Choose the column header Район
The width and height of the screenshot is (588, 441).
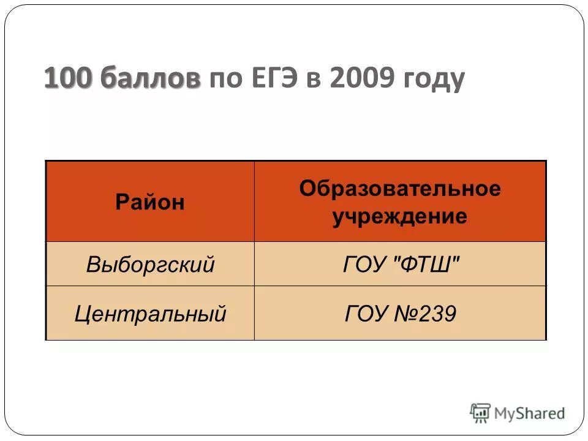(x=150, y=202)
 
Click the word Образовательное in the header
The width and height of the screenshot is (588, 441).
(x=399, y=189)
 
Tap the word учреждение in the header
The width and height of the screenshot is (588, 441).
(x=399, y=217)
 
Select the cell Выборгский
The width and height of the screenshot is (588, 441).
(x=150, y=265)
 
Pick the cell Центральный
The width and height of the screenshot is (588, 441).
(x=150, y=314)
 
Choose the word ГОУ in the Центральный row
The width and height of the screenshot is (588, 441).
(x=366, y=314)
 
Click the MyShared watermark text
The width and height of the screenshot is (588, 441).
(x=530, y=413)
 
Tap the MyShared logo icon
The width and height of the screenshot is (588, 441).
(x=480, y=413)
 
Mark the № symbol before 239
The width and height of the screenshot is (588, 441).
(x=405, y=314)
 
